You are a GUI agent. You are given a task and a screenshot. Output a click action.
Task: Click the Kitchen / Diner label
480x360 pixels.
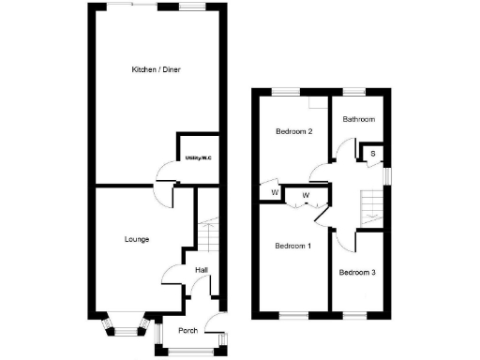point(156,70)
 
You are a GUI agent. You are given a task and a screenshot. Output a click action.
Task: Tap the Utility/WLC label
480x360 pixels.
point(198,158)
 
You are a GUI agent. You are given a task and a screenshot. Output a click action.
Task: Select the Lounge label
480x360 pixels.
point(137,239)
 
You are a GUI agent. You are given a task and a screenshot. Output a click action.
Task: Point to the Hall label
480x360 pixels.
point(201,271)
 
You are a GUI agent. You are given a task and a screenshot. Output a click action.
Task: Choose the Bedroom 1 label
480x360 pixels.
point(292,246)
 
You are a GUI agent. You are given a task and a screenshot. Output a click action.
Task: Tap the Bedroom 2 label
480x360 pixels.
point(292,132)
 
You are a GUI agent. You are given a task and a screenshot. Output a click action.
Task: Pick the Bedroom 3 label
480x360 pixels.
point(357,273)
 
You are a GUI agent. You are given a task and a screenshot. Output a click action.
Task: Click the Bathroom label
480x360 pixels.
point(358,119)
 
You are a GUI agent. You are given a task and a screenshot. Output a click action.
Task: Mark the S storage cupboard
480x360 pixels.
point(372,153)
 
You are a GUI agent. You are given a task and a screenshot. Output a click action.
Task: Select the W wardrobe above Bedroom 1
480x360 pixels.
point(307,195)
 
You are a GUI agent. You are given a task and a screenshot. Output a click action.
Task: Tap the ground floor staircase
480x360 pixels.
point(208,234)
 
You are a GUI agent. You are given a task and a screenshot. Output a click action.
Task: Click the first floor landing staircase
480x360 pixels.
point(372,202)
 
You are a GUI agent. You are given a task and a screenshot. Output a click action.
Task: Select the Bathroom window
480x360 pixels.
point(354,91)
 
